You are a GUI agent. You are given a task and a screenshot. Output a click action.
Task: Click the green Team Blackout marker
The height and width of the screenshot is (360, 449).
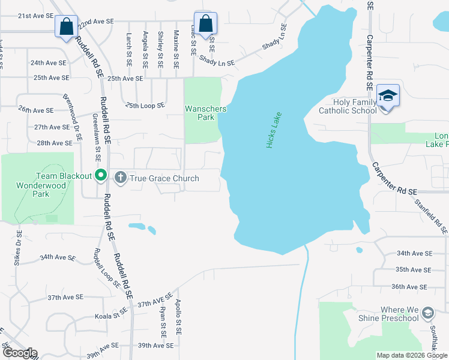101,176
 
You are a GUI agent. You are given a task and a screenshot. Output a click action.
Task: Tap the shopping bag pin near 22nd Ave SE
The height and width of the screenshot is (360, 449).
65,27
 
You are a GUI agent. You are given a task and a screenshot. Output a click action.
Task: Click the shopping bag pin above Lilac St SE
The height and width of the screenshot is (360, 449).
205,25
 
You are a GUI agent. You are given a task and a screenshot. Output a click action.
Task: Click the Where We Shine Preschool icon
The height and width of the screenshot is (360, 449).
427,313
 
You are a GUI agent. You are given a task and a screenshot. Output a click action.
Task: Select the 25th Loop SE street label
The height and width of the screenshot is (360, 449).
145,106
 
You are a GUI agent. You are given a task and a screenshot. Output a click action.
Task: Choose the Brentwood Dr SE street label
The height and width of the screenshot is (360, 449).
73,117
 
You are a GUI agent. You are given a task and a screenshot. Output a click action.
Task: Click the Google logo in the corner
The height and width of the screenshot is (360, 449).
19,353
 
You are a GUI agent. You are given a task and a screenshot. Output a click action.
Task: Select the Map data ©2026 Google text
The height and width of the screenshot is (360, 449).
411,355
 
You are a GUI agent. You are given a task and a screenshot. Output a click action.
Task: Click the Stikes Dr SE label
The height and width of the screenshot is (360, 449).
17,248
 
